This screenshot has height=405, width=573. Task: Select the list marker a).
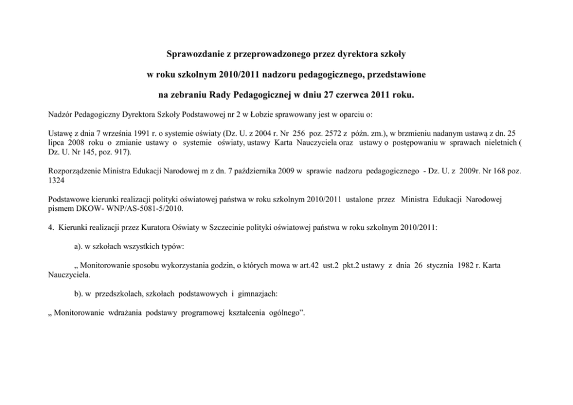point(80,247)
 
